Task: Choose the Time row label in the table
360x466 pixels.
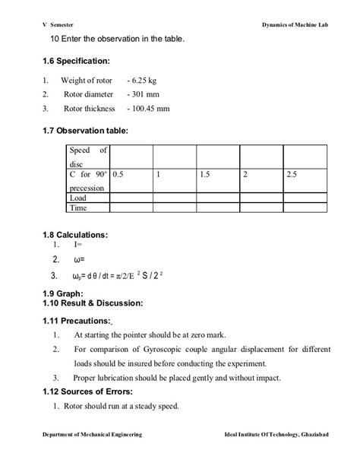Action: pyautogui.click(x=78, y=207)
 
